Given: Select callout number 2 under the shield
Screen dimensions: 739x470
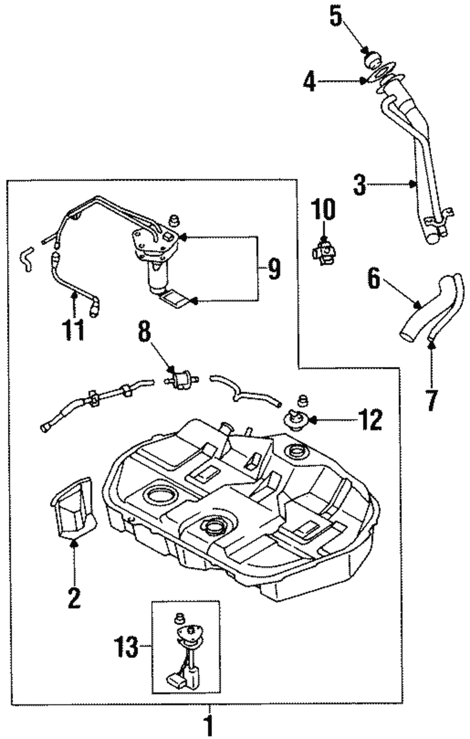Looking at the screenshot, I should click(74, 597).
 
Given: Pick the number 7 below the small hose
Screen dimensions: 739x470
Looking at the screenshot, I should click(431, 399).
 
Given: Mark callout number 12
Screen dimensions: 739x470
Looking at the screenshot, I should click(369, 420).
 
